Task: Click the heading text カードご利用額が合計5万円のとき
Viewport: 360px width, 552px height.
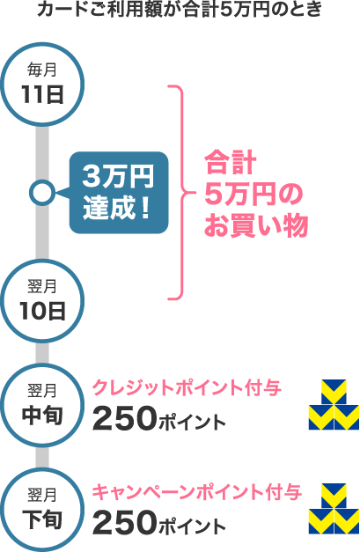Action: [x=180, y=10]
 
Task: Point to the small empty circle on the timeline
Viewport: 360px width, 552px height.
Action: [x=42, y=181]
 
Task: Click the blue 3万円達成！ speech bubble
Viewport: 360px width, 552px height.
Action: [x=119, y=193]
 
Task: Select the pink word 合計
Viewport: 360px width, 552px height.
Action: [x=231, y=163]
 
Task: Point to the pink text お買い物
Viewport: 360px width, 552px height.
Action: [x=256, y=224]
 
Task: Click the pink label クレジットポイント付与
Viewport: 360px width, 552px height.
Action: [x=187, y=388]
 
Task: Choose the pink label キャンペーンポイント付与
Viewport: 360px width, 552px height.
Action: [x=196, y=492]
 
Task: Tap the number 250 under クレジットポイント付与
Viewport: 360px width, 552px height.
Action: [x=124, y=418]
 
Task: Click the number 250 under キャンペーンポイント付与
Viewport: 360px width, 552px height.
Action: [x=124, y=523]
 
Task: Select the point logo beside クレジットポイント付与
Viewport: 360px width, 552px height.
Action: [x=334, y=405]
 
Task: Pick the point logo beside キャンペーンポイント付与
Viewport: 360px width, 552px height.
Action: [x=334, y=509]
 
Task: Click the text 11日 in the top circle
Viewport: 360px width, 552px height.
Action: [x=42, y=94]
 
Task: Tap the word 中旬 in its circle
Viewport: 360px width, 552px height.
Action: [x=42, y=416]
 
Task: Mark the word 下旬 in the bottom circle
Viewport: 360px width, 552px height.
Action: [x=42, y=520]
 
